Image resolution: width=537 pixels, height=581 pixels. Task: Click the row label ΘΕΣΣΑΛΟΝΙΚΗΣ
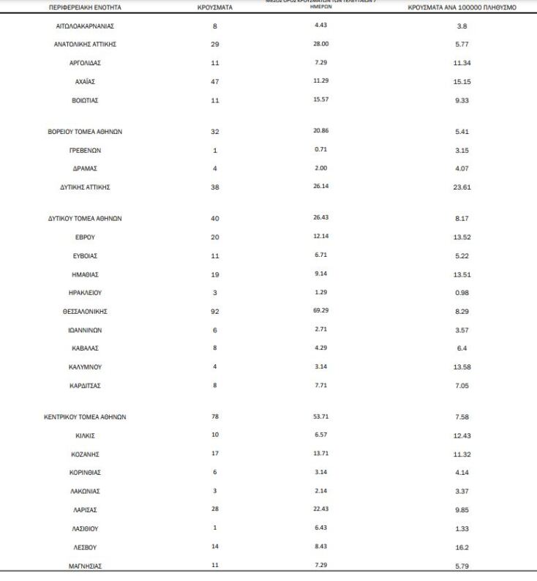85,312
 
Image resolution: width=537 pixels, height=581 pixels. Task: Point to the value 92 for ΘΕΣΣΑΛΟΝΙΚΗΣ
215,312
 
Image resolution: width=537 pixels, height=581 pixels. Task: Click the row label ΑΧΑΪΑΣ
85,81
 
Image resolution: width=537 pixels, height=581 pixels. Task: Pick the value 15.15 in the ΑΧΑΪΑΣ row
462,81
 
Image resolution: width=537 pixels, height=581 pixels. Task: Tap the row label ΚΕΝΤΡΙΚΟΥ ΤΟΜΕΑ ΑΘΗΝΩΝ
85,417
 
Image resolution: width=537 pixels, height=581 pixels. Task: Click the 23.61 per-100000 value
462,187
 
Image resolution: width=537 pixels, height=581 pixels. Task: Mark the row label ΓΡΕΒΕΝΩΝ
85,150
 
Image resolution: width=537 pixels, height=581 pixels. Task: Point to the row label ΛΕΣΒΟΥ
85,547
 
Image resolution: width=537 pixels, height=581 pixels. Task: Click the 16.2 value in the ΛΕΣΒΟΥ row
462,547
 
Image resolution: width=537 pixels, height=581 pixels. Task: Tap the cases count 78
215,417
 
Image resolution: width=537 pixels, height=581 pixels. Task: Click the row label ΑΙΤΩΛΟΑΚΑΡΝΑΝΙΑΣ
85,26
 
